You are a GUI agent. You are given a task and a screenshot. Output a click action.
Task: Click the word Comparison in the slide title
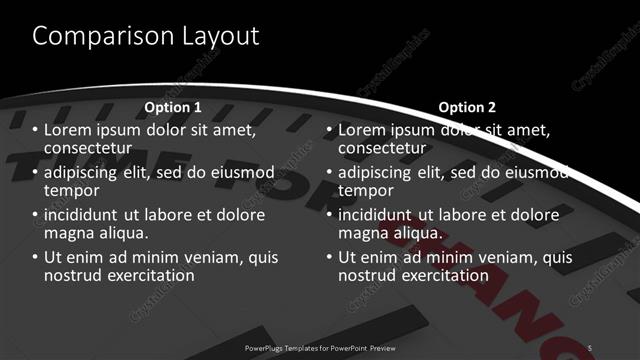(x=96, y=36)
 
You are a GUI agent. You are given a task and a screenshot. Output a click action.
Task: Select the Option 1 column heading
(x=173, y=107)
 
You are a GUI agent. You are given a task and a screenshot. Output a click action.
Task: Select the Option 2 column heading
(x=467, y=107)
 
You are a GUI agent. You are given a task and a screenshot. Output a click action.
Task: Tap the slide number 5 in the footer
(x=590, y=347)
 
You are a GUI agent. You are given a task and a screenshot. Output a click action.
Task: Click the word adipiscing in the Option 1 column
(x=85, y=172)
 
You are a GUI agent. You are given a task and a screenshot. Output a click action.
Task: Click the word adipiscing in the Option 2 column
(x=379, y=172)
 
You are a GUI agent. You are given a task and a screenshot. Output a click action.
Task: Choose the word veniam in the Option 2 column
(x=494, y=257)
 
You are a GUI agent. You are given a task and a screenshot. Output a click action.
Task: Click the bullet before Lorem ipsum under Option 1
(x=35, y=130)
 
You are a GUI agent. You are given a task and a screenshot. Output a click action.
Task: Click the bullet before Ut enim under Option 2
(x=329, y=257)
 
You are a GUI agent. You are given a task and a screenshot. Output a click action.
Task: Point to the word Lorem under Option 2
(x=362, y=130)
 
